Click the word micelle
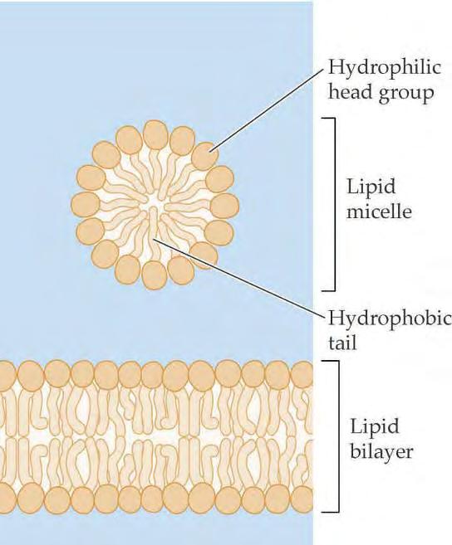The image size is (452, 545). point(379,211)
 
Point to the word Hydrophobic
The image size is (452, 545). point(390,318)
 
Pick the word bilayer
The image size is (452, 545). point(381,453)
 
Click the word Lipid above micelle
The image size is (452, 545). point(371,187)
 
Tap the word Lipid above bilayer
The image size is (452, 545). point(375,427)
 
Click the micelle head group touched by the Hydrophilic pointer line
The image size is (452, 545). point(205,156)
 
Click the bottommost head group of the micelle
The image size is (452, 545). point(155,275)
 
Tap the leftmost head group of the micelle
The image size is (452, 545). point(86,204)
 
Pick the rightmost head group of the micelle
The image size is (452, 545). point(224,206)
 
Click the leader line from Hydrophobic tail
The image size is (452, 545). point(239,277)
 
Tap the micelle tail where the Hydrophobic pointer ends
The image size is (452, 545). point(153,226)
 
